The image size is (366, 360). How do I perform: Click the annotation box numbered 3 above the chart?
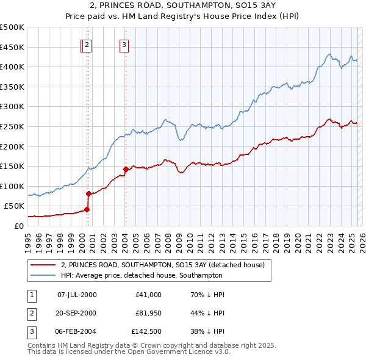tap(124, 44)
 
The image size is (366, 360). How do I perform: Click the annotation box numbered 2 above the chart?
tap(87, 44)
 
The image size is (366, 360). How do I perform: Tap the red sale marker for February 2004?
tap(125, 169)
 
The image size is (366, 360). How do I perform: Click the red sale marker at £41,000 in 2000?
tap(87, 209)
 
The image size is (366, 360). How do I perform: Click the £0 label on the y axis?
tap(19, 226)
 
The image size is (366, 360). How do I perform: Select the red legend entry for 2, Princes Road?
tap(162, 265)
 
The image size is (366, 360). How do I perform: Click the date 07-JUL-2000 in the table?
tap(77, 295)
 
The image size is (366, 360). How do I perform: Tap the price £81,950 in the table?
tap(148, 313)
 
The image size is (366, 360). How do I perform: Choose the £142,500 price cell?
tap(147, 331)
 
